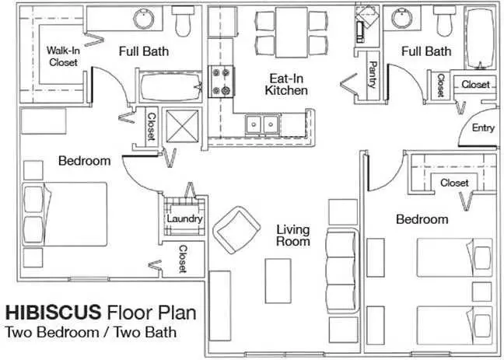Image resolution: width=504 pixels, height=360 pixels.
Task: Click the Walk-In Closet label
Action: pyautogui.click(x=63, y=56)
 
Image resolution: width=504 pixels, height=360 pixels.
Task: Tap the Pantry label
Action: pyautogui.click(x=373, y=75)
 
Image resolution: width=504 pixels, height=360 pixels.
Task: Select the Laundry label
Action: pyautogui.click(x=184, y=218)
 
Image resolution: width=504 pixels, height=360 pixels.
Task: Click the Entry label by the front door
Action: pyautogui.click(x=483, y=128)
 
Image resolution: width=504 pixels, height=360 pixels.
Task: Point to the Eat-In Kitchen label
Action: pyautogui.click(x=286, y=85)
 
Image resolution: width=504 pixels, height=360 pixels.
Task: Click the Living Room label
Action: pyautogui.click(x=293, y=236)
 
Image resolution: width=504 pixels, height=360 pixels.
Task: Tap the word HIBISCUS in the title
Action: pyautogui.click(x=54, y=312)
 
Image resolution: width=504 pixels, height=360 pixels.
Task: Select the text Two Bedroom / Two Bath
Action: pyautogui.click(x=91, y=332)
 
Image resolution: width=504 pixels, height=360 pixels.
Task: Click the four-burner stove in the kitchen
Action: pyautogui.click(x=222, y=82)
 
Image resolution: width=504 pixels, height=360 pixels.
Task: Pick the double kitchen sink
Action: pyautogui.click(x=262, y=124)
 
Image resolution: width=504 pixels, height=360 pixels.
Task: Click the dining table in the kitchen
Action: pyautogui.click(x=292, y=33)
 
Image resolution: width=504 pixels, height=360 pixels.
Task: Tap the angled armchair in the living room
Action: pyautogui.click(x=236, y=230)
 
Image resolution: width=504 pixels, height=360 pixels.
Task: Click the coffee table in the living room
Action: pyautogui.click(x=278, y=281)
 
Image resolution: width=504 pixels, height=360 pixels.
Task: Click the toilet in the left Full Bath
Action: pyautogui.click(x=184, y=21)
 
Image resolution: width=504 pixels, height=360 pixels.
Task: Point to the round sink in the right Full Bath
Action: pyautogui.click(x=401, y=19)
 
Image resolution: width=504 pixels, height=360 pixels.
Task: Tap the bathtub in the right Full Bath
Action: pyautogui.click(x=481, y=38)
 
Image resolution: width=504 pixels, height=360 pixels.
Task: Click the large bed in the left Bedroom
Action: pyautogui.click(x=65, y=214)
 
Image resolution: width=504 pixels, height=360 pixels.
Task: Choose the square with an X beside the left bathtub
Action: pyautogui.click(x=182, y=126)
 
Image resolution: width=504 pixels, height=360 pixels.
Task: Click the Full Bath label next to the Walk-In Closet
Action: pyautogui.click(x=144, y=51)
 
